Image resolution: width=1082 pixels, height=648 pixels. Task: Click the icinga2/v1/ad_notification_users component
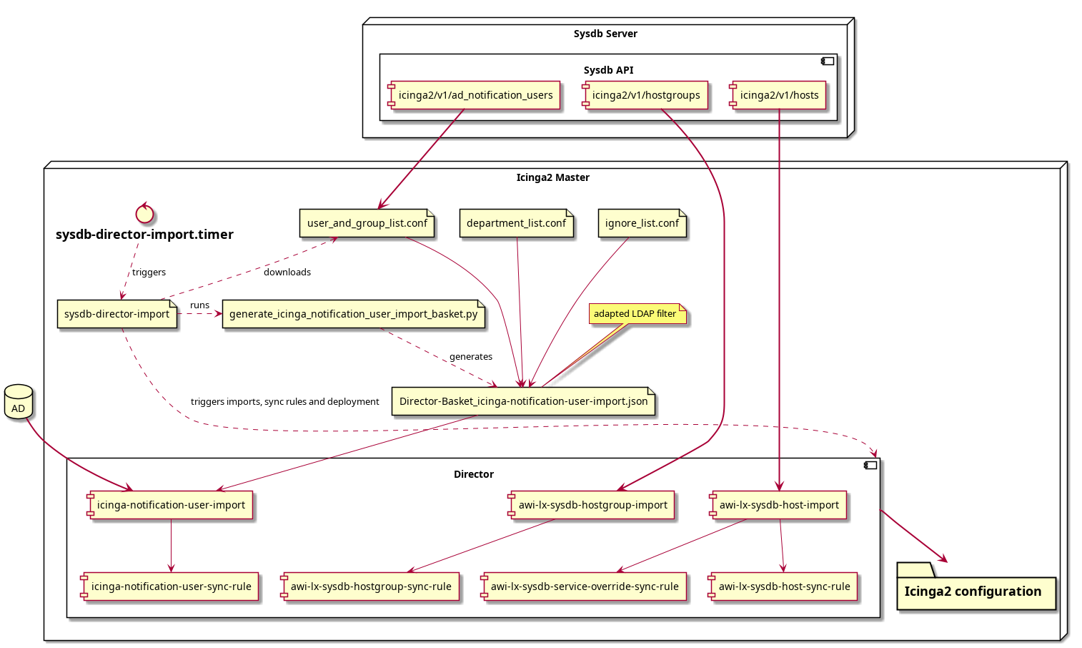click(475, 95)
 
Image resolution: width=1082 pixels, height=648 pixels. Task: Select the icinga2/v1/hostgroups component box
click(645, 95)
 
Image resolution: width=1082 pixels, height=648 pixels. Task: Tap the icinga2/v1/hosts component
click(779, 95)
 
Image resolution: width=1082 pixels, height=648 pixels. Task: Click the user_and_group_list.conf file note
click(367, 223)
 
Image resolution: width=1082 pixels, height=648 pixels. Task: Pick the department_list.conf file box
click(517, 223)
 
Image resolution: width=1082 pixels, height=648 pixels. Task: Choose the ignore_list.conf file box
click(642, 223)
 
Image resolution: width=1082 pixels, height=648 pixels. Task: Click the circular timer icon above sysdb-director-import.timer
click(144, 213)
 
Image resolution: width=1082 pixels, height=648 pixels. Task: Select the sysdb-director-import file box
click(117, 314)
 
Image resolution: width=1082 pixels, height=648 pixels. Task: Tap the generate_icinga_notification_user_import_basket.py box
click(353, 314)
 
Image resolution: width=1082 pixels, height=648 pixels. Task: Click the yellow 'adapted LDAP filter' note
click(637, 313)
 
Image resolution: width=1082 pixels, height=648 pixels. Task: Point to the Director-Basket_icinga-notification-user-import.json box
click(523, 401)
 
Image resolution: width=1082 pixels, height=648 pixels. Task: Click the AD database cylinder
click(19, 402)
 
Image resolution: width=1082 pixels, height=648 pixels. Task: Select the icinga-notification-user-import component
click(170, 505)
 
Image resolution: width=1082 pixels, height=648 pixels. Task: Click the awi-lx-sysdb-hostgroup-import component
click(591, 505)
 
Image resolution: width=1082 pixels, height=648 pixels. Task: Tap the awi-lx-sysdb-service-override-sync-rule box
click(583, 586)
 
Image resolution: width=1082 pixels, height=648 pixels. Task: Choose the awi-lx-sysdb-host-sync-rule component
click(783, 586)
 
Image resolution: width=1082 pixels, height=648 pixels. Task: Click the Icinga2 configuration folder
click(976, 586)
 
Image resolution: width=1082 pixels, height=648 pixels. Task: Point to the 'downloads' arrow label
click(287, 273)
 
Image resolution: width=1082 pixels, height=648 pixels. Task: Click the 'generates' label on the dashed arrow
click(471, 357)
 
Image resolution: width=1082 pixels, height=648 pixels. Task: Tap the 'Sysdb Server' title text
click(605, 34)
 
